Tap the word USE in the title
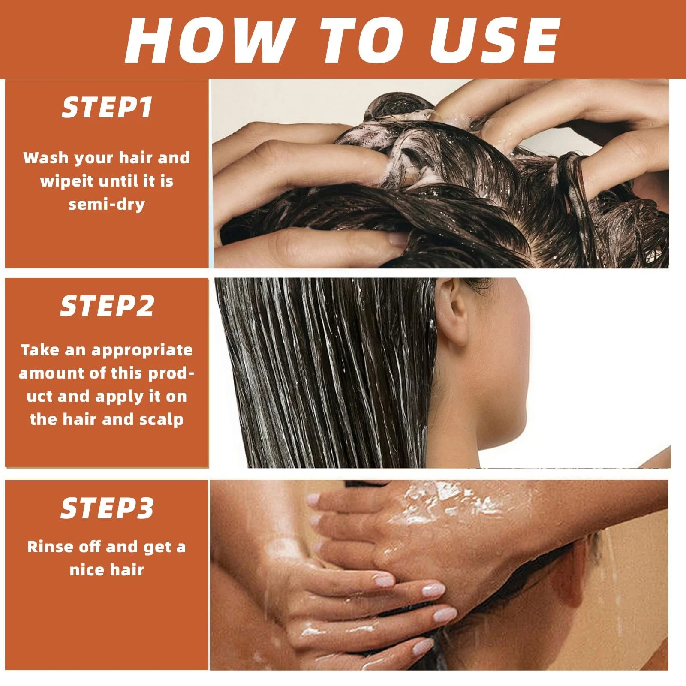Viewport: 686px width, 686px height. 495,40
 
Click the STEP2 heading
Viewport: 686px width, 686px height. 107,306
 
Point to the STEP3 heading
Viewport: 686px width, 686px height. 107,508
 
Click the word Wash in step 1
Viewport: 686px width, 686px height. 46,158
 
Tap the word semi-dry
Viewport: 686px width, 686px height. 107,204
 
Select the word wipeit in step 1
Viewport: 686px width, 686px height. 66,181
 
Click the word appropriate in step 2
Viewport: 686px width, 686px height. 142,351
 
